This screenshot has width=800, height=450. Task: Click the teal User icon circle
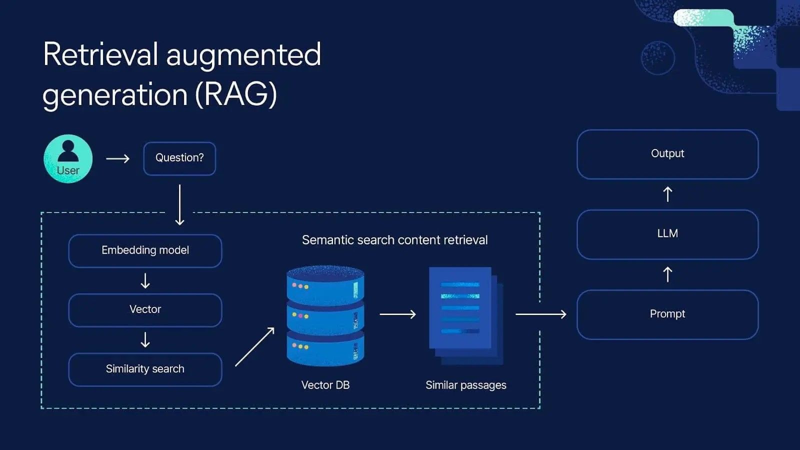68,158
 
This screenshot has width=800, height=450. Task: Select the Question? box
179,158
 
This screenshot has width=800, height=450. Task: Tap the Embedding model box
145,250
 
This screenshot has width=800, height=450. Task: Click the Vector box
145,310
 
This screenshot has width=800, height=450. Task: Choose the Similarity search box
145,369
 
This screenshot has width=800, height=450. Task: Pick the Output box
667,154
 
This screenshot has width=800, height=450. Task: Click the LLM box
667,234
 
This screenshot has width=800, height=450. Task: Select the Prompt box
667,314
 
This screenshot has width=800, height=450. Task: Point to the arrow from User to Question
118,158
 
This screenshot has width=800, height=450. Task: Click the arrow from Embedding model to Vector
145,280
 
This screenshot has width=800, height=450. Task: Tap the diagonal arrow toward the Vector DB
255,346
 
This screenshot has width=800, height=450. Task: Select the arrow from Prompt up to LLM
667,274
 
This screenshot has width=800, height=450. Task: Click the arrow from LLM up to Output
667,194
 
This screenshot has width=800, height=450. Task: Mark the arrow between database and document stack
398,314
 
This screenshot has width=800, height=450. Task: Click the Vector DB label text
325,385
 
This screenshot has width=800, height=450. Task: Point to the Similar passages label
465,385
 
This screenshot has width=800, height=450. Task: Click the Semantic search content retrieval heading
394,240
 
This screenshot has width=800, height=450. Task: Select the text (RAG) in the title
235,94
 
